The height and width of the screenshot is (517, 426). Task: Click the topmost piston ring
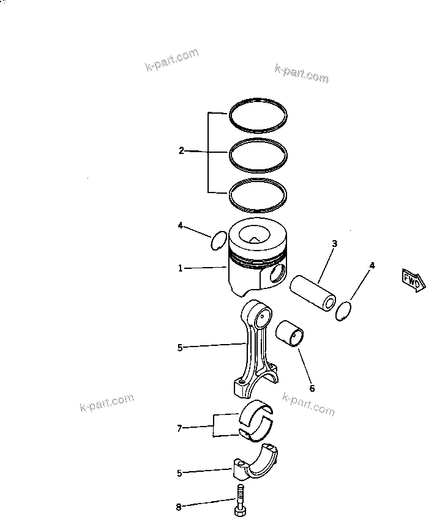[x=258, y=99]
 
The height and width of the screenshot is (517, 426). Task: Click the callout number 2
[x=181, y=150]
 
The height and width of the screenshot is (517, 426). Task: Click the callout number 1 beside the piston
[x=181, y=268]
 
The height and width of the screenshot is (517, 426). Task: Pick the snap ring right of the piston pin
[x=345, y=310]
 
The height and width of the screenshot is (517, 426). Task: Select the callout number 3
[x=334, y=244]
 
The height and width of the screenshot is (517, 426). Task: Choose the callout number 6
[x=312, y=388]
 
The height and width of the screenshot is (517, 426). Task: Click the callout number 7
[x=179, y=428]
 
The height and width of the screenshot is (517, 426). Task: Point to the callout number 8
[x=179, y=507]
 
